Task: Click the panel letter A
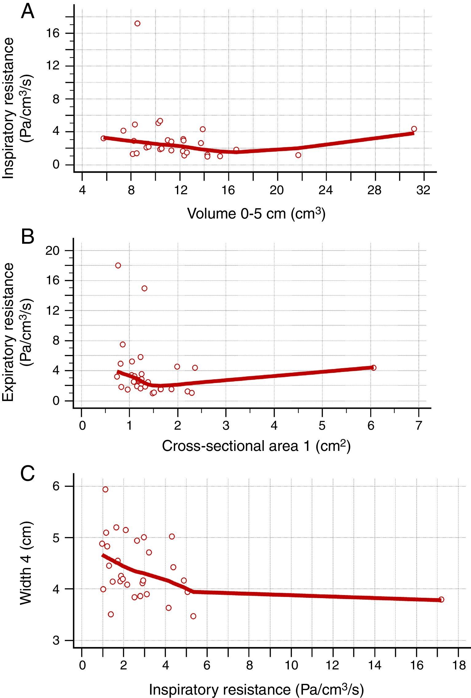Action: coord(28,12)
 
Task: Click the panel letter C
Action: coord(28,474)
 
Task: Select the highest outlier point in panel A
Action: coord(137,23)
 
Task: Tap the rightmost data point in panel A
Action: coord(414,129)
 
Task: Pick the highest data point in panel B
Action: coord(118,266)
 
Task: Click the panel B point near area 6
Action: coord(373,368)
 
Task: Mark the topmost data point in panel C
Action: coord(105,489)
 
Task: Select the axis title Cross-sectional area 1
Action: coord(256,446)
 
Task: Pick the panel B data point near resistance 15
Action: coord(144,288)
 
